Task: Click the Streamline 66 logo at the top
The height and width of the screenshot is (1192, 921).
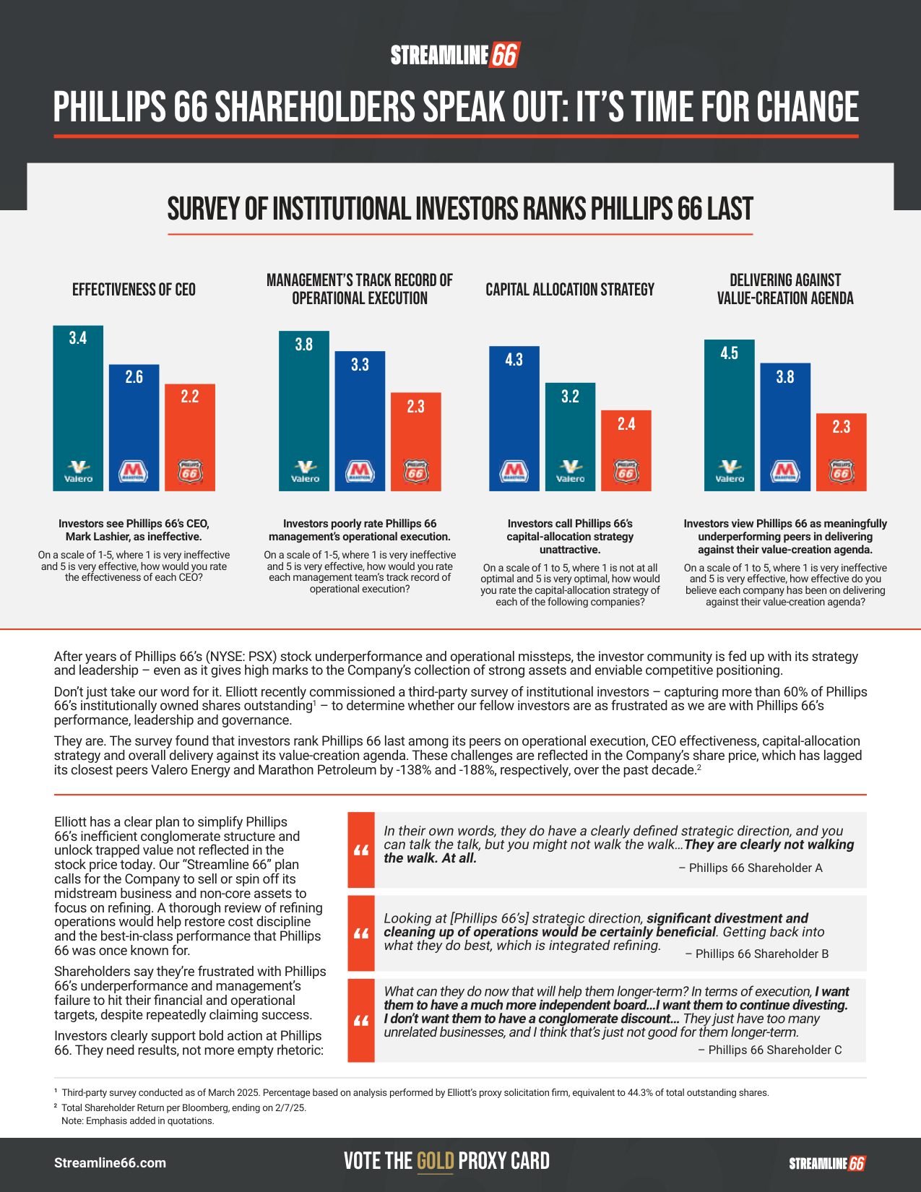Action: click(x=455, y=56)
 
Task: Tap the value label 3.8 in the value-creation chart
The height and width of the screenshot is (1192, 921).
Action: click(x=785, y=377)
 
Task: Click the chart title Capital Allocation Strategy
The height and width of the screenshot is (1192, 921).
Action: click(x=570, y=290)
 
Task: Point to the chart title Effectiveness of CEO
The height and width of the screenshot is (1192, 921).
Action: click(x=134, y=290)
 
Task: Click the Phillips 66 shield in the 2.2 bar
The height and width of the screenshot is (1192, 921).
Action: click(x=190, y=472)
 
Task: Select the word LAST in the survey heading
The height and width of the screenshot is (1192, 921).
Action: click(x=730, y=210)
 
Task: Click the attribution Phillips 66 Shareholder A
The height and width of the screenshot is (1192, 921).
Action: click(x=751, y=868)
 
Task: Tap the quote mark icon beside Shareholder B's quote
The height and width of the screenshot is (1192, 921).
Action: click(x=361, y=933)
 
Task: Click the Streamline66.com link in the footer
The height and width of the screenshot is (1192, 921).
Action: click(x=110, y=1163)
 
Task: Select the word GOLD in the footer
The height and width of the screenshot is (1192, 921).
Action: click(x=436, y=1161)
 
